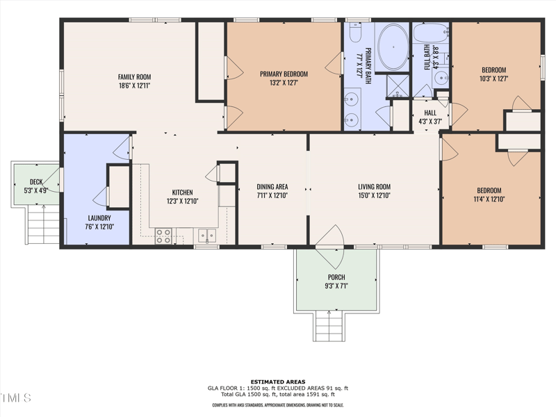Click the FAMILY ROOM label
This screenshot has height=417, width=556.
click(134, 77)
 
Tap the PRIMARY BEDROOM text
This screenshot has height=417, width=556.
click(284, 74)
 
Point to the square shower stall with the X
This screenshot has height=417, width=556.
click(398, 85)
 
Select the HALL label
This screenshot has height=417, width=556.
click(430, 113)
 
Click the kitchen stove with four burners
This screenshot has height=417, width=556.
click(164, 236)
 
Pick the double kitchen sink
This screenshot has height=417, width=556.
click(206, 236)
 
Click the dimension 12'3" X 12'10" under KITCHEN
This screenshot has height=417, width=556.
click(183, 202)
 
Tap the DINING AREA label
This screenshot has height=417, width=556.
click(272, 186)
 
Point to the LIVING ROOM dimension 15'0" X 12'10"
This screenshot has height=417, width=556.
click(374, 195)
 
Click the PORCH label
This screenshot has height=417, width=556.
click(336, 277)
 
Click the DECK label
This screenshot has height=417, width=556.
click(36, 181)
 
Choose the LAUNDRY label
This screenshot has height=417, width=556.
click(99, 218)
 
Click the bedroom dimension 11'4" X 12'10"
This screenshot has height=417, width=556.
click(489, 199)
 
